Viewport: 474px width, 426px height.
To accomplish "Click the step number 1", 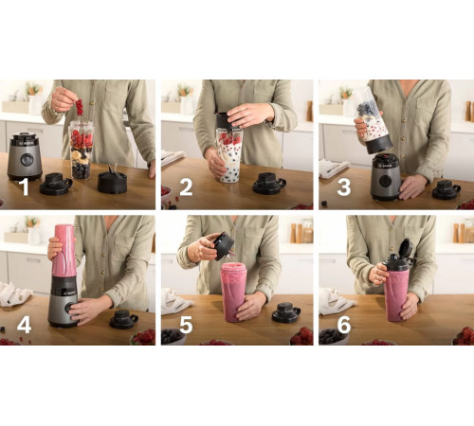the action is point(25,187).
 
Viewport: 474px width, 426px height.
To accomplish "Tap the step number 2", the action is point(186,187).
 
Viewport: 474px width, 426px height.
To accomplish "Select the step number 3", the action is point(344,187).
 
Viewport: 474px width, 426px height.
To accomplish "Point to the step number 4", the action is point(24,325).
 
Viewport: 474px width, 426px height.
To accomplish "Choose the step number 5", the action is point(186,325).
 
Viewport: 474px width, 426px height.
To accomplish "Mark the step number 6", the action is point(344,325).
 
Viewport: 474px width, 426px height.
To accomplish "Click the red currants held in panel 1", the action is point(80,108).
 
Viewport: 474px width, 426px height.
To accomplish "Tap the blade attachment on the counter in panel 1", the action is point(112,180).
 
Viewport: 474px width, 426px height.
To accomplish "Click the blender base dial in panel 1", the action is point(27,160).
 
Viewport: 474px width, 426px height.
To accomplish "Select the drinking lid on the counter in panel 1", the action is point(56,184).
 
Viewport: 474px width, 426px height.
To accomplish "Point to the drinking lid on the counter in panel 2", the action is point(269,184).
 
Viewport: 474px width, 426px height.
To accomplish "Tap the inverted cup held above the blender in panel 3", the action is point(373,120).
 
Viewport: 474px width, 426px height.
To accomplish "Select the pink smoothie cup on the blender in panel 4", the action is point(64,251).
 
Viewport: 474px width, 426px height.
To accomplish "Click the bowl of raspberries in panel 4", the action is point(143,337).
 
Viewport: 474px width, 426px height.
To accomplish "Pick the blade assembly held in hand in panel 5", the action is point(224,246).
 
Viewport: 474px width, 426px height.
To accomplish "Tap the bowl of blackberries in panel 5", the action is point(173,336).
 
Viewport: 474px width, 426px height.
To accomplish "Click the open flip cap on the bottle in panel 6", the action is point(406,248).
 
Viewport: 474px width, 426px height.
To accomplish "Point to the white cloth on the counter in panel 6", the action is point(336,302).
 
